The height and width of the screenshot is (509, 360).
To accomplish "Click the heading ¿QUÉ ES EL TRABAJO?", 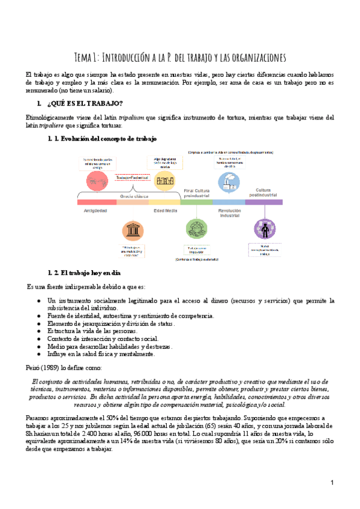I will (x=84, y=104).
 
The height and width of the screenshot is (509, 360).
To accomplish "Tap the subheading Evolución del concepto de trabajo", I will (x=106, y=139).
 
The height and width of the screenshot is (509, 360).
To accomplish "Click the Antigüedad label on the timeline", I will (x=96, y=211).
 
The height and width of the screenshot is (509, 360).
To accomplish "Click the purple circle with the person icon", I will (x=263, y=229).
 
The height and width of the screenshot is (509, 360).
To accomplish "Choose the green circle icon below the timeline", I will (x=196, y=230).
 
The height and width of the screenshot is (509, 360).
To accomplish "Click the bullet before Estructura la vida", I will (x=38, y=331).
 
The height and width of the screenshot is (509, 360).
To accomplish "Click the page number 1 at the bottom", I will (x=332, y=483).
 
